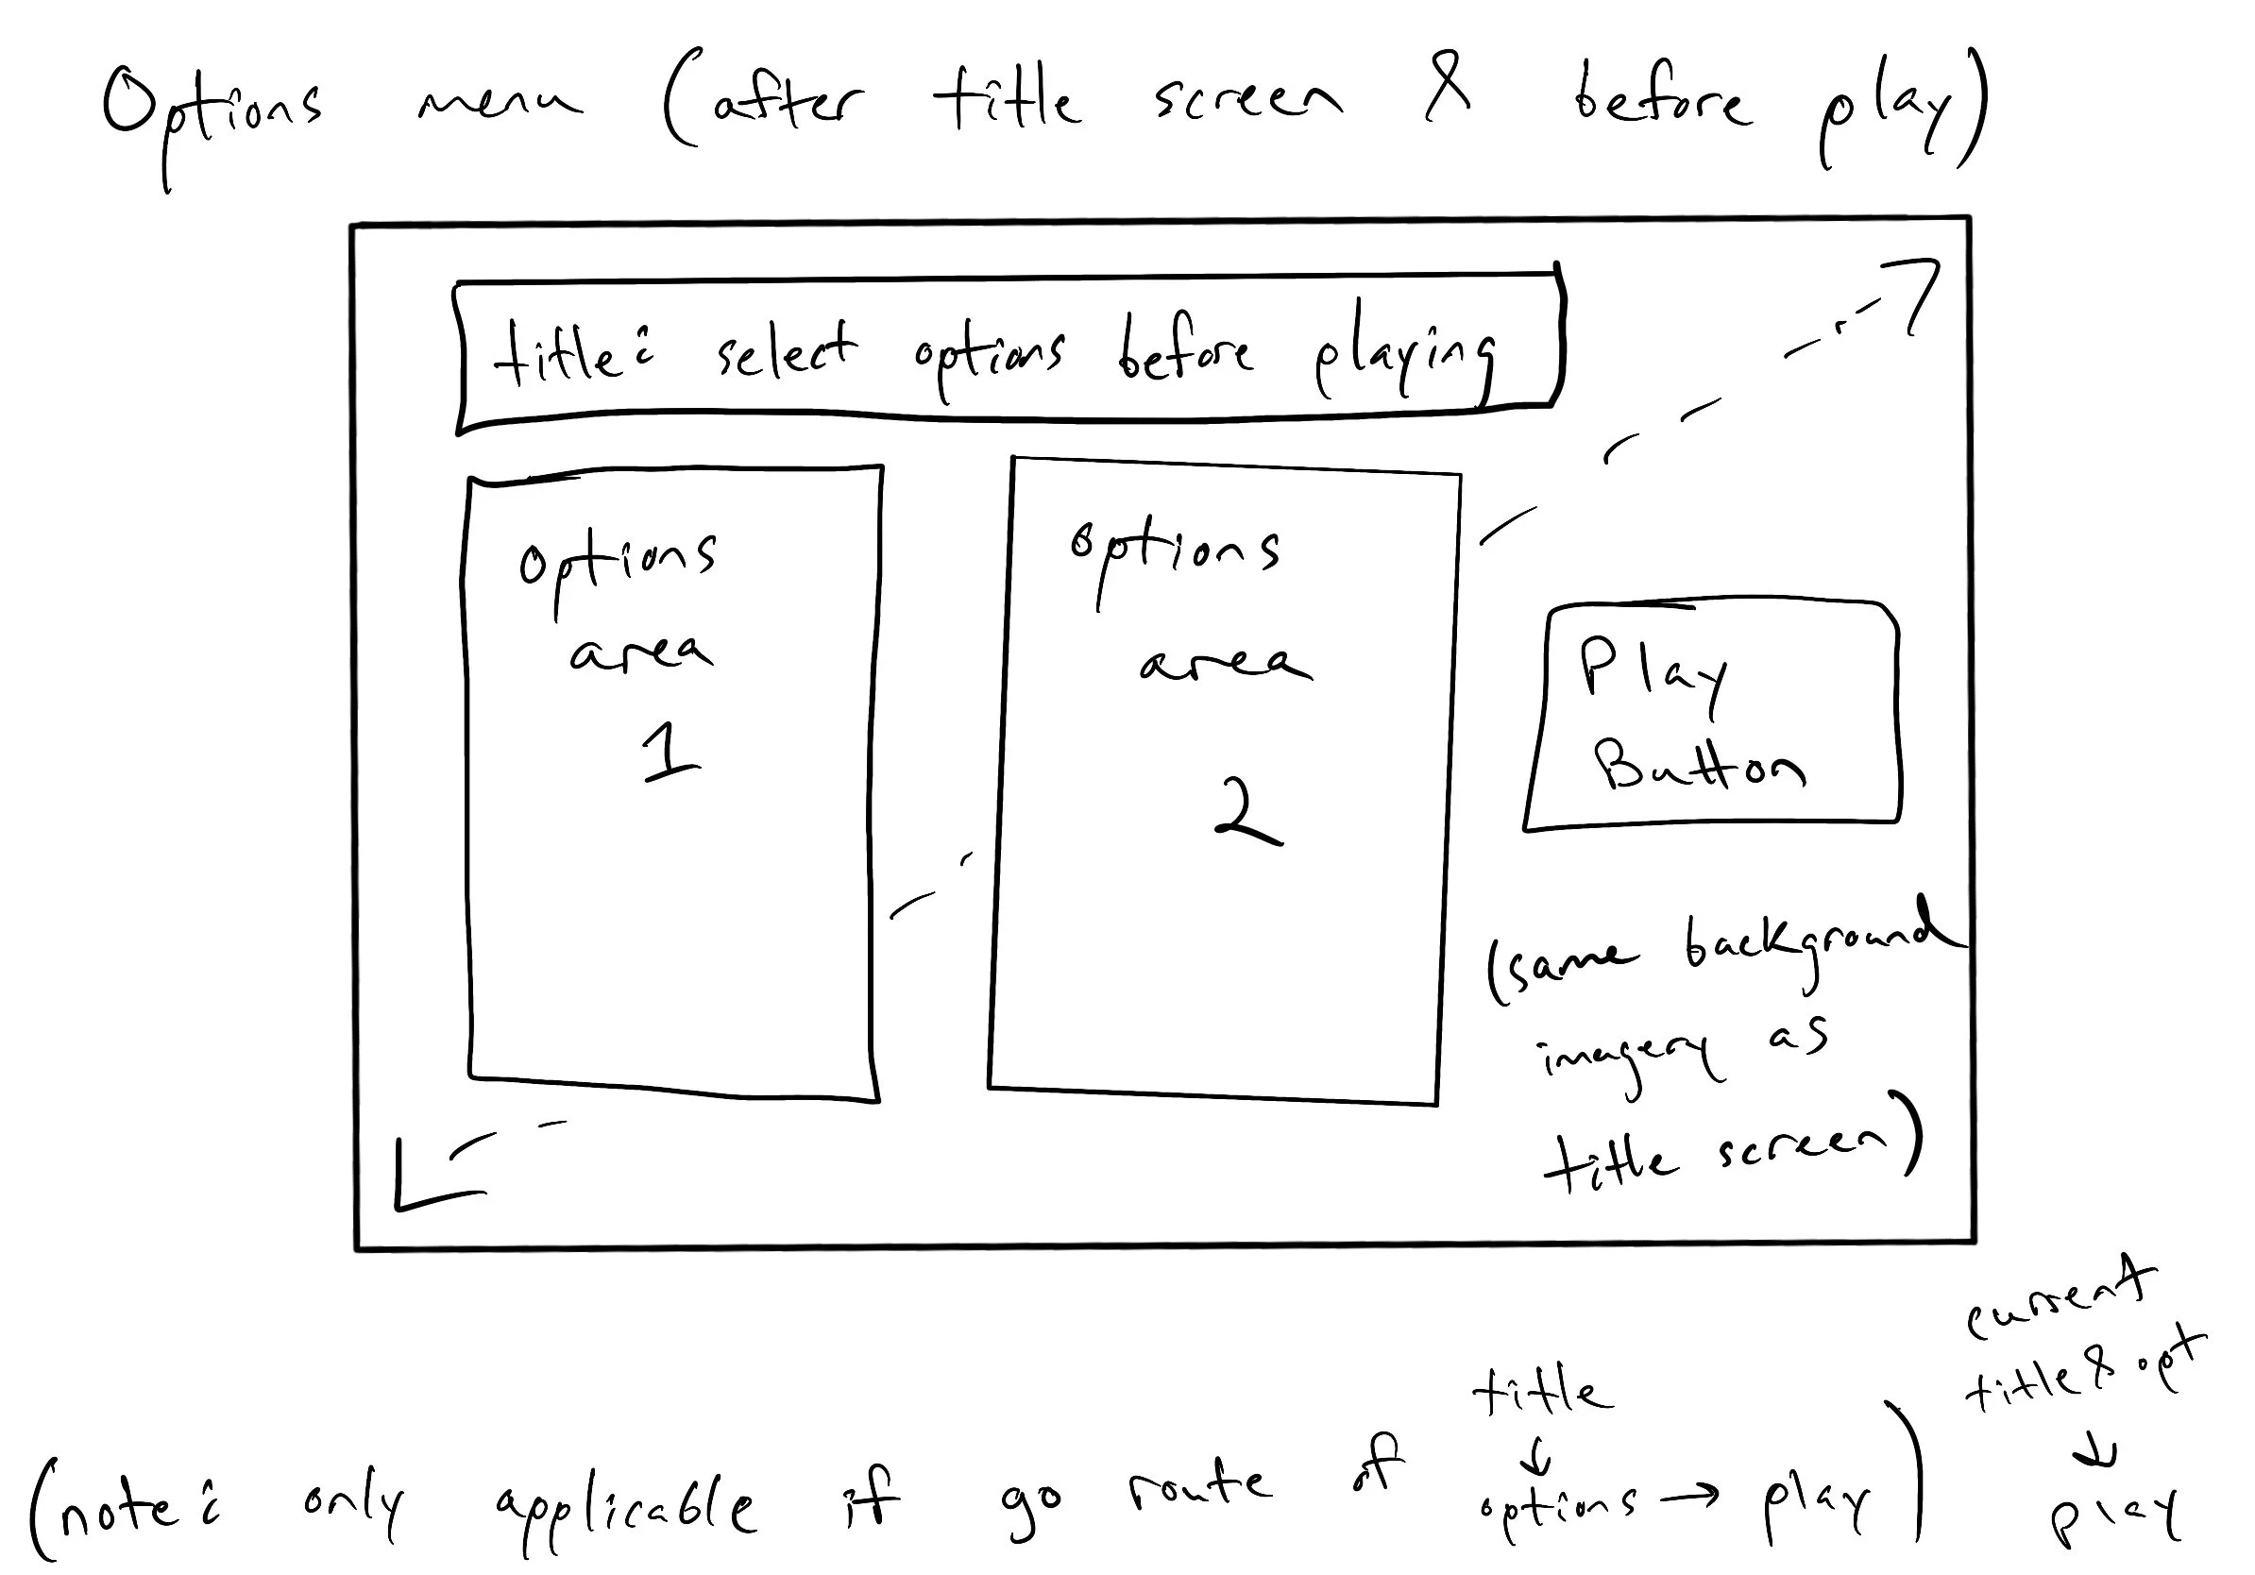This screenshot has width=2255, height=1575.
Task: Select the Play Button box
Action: (x=1712, y=715)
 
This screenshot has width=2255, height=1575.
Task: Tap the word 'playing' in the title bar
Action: (x=1404, y=358)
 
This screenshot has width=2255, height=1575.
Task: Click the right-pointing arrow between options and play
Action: (x=1689, y=1497)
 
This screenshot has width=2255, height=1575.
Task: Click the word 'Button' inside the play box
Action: (x=1698, y=767)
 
